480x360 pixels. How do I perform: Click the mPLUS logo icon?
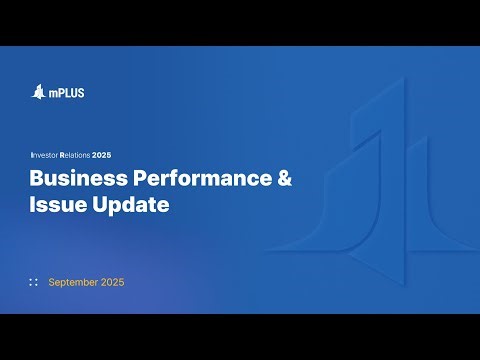pyautogui.click(x=38, y=92)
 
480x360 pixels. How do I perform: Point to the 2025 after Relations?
pyautogui.click(x=103, y=156)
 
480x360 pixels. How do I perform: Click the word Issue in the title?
pyautogui.click(x=54, y=206)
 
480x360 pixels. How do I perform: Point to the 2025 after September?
pyautogui.click(x=113, y=282)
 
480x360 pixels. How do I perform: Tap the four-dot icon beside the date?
pyautogui.click(x=34, y=282)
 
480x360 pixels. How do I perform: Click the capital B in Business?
pyautogui.click(x=36, y=180)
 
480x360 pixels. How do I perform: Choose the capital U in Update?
pyautogui.click(x=93, y=206)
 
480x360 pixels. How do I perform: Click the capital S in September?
pyautogui.click(x=52, y=282)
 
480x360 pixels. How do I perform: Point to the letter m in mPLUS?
pyautogui.click(x=52, y=94)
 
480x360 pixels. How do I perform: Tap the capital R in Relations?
pyautogui.click(x=62, y=156)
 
